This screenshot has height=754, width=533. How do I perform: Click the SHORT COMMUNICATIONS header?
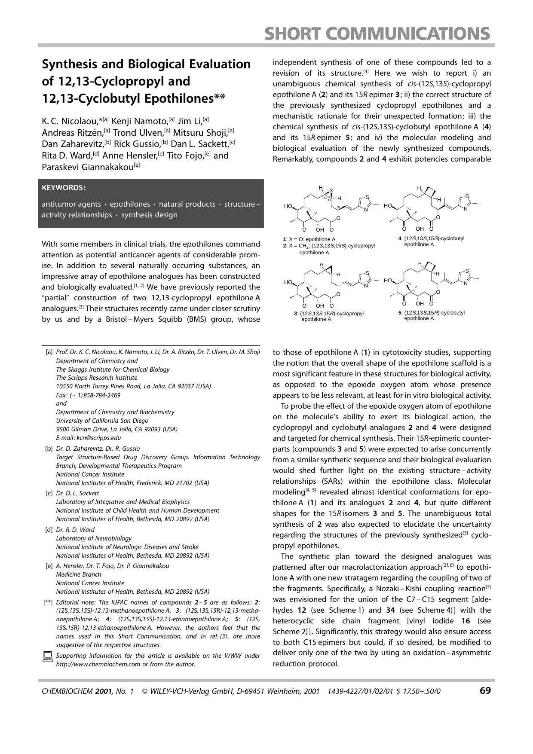pyautogui.click(x=377, y=33)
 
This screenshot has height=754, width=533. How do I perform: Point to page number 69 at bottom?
pyautogui.click(x=485, y=690)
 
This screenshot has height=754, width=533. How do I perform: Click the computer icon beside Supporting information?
pyautogui.click(x=47, y=657)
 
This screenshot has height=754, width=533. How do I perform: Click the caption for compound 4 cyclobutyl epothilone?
pyautogui.click(x=431, y=241)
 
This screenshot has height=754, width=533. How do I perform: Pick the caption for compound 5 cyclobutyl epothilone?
pyautogui.click(x=431, y=315)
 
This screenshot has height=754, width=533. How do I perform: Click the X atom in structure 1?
pyautogui.click(x=331, y=190)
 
